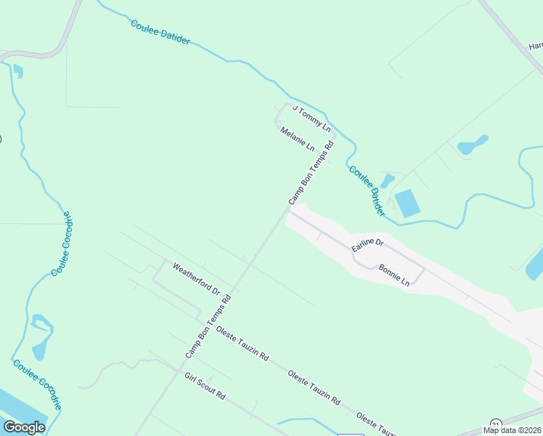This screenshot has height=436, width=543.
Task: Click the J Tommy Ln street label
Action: pos(311,119)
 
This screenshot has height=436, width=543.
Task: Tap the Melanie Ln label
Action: pos(298,139)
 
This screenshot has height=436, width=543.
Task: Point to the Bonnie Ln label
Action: pos(394,275)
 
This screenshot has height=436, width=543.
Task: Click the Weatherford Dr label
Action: pos(196,279)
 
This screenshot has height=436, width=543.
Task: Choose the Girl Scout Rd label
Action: pos(205,389)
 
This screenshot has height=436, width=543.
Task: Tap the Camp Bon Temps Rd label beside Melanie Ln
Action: pos(311,173)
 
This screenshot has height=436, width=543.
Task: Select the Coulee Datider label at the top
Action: pos(160,33)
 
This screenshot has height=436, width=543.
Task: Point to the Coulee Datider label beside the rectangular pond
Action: pos(367,191)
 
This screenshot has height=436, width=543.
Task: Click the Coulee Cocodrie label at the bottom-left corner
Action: pos(37,385)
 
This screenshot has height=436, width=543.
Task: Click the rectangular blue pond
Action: pos(408,203)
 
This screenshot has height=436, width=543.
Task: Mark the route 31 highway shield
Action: pos(496,424)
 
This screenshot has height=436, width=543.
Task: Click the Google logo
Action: pos(25,427)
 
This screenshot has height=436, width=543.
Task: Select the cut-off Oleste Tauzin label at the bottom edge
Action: pos(375,424)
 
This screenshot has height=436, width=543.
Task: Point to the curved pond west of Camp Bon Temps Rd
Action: pos(42,336)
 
